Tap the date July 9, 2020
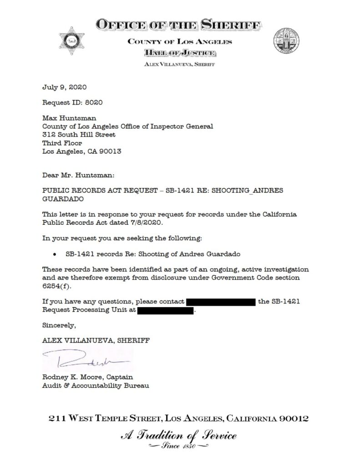tap(64, 87)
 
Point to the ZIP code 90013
tap(112, 151)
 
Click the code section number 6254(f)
tap(56, 285)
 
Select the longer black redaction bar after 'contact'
tap(221, 302)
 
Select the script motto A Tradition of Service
tap(179, 436)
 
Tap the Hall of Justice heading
tap(180, 54)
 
